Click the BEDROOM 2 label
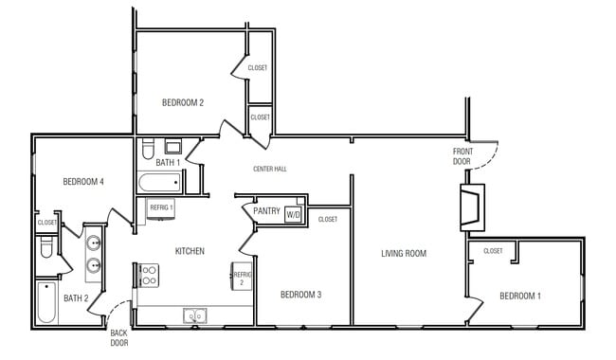[x=183, y=102]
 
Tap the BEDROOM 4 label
[x=83, y=182]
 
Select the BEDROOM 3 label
[x=300, y=295]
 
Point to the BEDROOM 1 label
[x=520, y=296]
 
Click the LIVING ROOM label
[x=404, y=253]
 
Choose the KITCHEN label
[x=190, y=251]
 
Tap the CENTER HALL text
[x=270, y=170]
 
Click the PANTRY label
[x=266, y=212]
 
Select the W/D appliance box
[x=293, y=214]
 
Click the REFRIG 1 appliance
[x=161, y=207]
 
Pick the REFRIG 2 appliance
[x=241, y=277]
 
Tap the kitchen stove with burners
[x=149, y=276]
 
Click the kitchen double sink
[x=196, y=316]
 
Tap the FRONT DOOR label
[x=462, y=156]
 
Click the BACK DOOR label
[x=118, y=338]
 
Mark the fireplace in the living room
[x=469, y=207]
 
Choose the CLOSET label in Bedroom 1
[x=493, y=251]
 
